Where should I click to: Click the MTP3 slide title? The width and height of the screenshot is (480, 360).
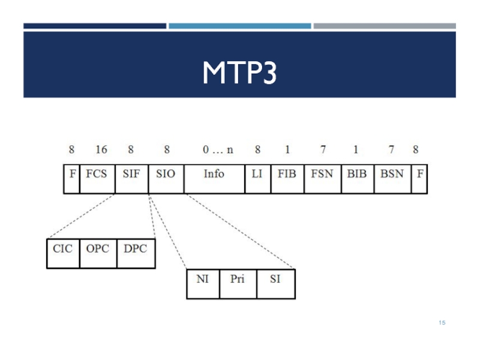(239, 73)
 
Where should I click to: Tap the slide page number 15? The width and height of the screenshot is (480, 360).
(442, 324)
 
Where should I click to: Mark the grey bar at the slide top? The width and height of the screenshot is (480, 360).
(384, 26)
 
